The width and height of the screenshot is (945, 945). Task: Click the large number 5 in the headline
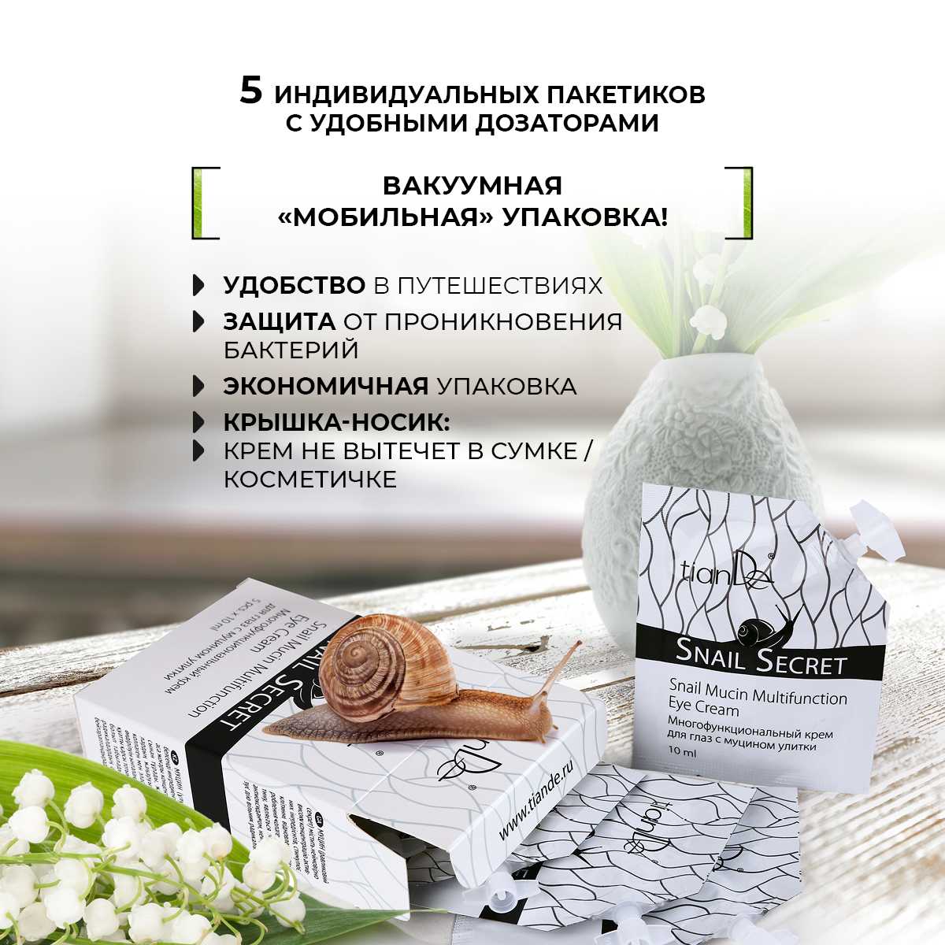click(x=250, y=92)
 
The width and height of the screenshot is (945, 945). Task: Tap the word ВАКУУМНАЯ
click(x=472, y=186)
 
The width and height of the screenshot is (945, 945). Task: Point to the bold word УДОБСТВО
click(x=295, y=285)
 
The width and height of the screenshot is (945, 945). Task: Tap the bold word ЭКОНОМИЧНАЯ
click(x=326, y=387)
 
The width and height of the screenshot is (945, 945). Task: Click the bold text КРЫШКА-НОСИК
click(x=337, y=424)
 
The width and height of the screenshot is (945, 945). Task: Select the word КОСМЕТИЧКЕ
click(x=310, y=479)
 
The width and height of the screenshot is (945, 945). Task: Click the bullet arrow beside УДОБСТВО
click(x=198, y=285)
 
